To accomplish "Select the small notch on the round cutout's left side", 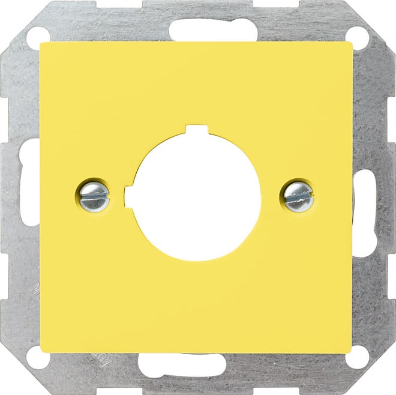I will [128, 195].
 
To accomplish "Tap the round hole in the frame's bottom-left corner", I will [35, 359].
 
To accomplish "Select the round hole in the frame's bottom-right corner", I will [359, 358].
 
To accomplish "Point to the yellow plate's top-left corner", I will [41, 43].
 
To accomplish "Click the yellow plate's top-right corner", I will [352, 44].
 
